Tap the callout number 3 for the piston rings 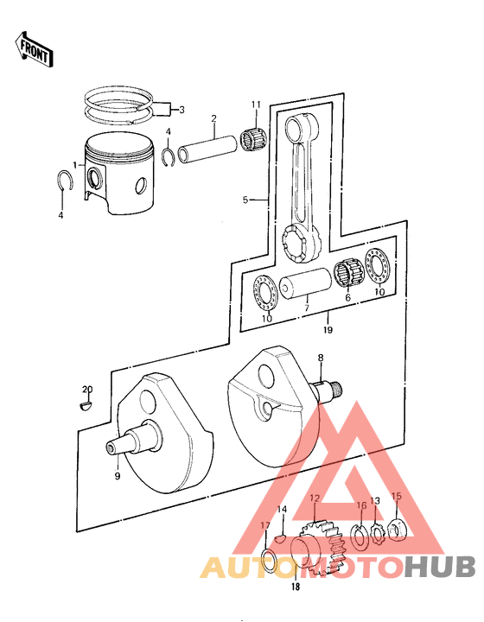pos(181,110)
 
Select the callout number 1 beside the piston pos(75,164)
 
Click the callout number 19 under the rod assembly pos(328,329)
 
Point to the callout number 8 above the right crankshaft pos(320,357)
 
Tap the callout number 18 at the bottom pos(296,588)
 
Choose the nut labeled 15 pos(398,527)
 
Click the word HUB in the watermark pos(441,568)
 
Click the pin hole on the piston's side pos(96,180)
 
